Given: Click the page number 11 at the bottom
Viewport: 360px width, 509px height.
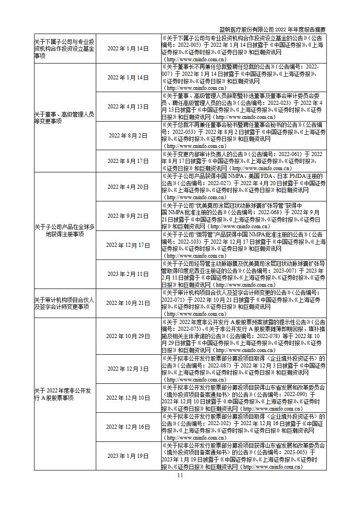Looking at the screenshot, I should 180,475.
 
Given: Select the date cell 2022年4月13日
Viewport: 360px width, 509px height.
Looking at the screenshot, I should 128,107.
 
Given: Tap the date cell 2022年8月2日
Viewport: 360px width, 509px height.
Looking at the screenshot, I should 128,136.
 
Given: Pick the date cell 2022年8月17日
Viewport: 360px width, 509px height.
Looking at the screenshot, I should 128,161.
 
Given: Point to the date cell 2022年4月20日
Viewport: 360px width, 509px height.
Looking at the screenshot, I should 128,187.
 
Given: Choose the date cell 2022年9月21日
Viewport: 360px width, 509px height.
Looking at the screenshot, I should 128,215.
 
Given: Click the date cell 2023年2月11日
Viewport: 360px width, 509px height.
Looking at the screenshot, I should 128,274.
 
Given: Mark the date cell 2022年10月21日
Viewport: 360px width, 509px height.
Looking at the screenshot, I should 128,303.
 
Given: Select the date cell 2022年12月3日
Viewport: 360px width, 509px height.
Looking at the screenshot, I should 128,368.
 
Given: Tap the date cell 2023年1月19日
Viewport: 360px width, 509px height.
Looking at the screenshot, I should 128,455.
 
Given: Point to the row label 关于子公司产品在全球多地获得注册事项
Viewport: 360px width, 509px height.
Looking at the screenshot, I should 64,230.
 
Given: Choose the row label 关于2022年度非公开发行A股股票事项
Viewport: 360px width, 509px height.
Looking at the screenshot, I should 64,394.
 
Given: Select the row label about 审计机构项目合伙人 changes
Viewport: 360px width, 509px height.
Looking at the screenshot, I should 64,303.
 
